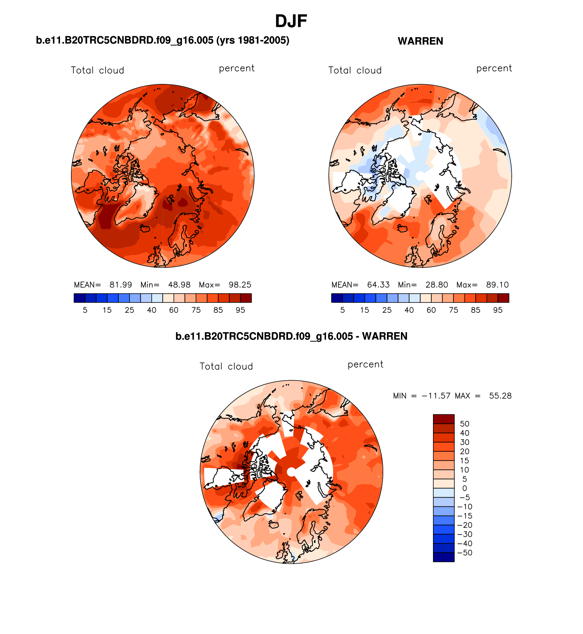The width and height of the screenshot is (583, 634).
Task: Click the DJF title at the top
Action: [291, 21]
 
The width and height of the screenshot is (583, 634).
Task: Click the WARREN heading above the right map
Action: [420, 41]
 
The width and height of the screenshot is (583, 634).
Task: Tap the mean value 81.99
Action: [121, 285]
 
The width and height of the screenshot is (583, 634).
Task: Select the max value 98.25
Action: [240, 285]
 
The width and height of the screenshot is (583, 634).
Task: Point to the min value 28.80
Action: [437, 285]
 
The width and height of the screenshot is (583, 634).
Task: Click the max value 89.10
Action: [497, 285]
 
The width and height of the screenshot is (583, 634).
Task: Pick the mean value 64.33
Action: [378, 285]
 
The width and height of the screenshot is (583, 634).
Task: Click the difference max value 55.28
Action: [500, 396]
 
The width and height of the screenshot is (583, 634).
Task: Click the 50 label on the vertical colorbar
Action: [465, 424]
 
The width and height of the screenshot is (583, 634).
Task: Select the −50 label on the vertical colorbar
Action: [465, 553]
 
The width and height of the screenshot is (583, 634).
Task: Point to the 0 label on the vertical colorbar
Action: [465, 488]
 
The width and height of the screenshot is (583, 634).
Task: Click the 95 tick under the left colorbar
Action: [240, 310]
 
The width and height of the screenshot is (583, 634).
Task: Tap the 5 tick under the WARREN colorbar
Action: [343, 310]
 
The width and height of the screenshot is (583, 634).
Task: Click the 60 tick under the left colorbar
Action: [174, 310]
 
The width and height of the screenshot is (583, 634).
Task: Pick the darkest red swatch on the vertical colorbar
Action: [444, 419]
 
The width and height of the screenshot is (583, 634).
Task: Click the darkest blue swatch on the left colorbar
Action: [79, 298]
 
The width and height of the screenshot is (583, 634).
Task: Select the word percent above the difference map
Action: [365, 365]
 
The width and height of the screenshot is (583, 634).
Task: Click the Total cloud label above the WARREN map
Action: [355, 71]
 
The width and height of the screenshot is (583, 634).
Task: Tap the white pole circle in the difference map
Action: [291, 472]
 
